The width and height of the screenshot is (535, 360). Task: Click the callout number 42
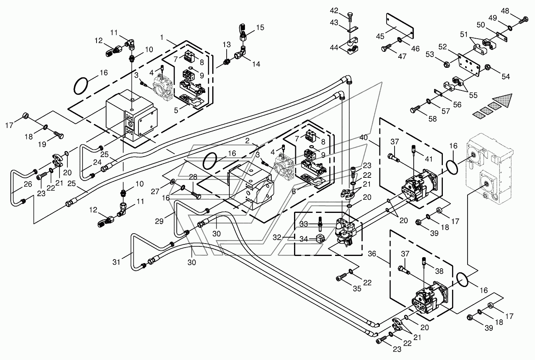[334, 11]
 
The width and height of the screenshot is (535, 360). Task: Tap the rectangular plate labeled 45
[400, 26]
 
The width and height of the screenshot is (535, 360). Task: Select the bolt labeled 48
[523, 20]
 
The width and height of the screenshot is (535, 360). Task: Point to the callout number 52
[442, 47]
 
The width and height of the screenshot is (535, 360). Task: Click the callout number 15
[260, 28]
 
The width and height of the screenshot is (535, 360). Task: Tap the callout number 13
[227, 45]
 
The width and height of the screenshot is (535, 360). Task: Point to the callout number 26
[28, 184]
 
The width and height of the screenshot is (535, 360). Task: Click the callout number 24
[97, 162]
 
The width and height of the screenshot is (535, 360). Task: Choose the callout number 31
[116, 262]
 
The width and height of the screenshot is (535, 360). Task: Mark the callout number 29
[159, 221]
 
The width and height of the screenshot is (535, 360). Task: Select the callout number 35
[357, 289]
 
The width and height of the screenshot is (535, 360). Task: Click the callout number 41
[429, 159]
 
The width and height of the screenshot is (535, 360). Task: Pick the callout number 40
[363, 137]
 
